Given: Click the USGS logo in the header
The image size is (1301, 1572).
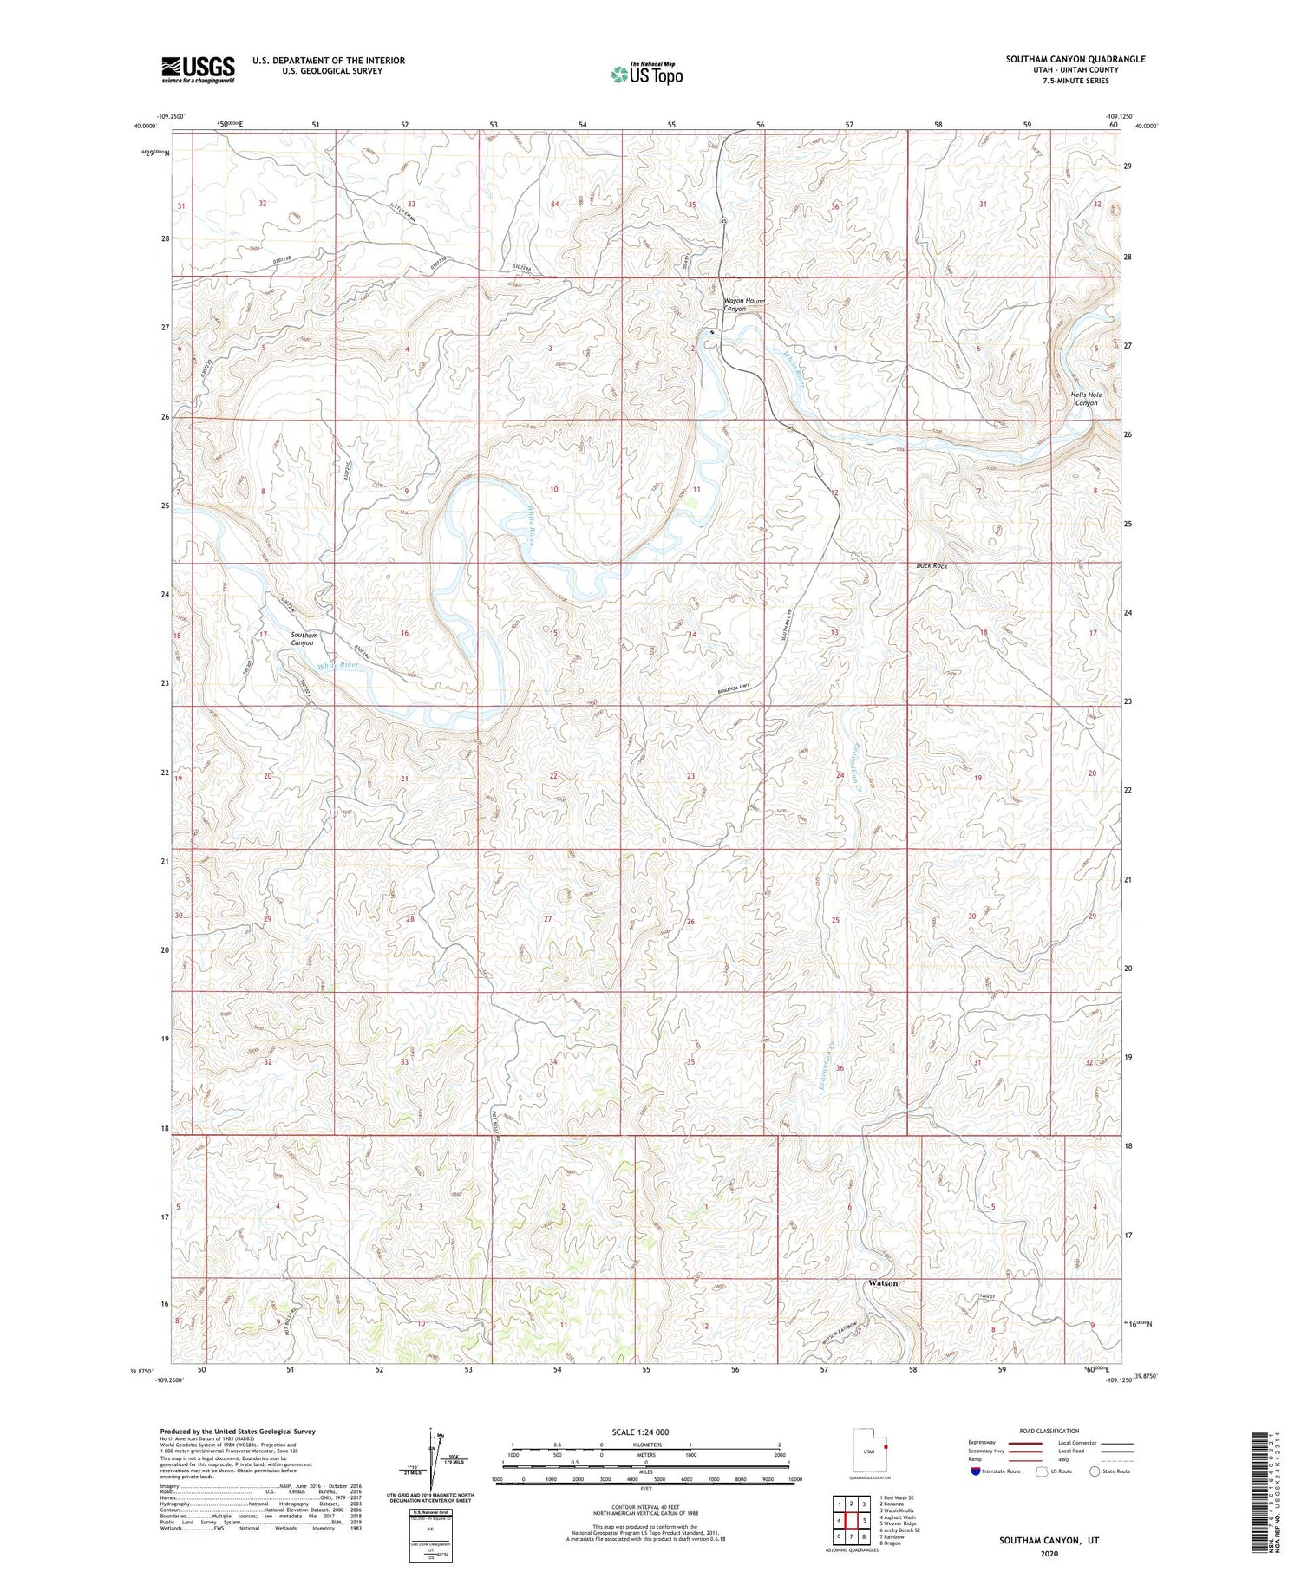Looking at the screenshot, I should click(x=198, y=69).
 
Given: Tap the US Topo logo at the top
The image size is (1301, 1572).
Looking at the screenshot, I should click(x=646, y=74).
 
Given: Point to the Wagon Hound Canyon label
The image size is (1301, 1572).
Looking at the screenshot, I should click(x=744, y=304).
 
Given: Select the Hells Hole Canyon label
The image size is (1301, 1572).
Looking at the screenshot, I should click(x=1086, y=398).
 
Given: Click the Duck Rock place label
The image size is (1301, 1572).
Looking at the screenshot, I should click(x=932, y=565).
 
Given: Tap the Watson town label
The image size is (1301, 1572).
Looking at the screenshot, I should click(x=883, y=1282).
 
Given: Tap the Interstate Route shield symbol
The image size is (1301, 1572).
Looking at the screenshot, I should click(x=976, y=1471).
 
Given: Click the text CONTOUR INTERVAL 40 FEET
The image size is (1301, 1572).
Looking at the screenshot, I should click(x=645, y=1507).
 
